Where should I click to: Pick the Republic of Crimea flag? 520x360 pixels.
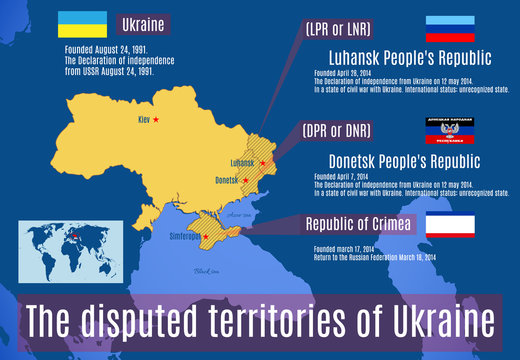450,224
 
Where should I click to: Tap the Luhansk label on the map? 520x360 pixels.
242,162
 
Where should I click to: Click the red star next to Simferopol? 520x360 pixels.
208,236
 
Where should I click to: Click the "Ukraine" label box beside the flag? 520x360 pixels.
144,23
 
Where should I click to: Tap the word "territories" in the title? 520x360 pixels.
310,322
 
